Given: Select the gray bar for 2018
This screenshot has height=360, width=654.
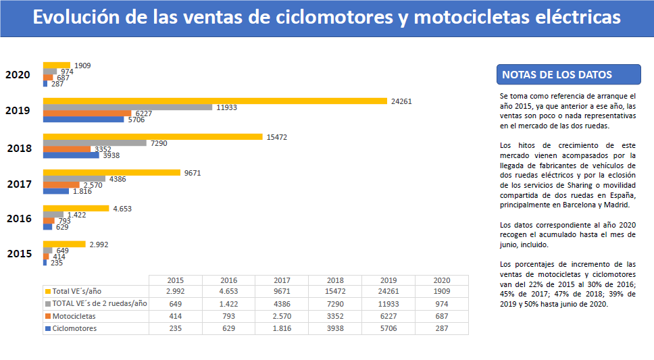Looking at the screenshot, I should (95, 143).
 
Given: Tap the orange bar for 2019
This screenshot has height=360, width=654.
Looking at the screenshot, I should (88, 113).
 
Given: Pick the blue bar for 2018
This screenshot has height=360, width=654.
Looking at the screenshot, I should (71, 155).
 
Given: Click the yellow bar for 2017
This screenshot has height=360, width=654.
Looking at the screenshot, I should (111, 173).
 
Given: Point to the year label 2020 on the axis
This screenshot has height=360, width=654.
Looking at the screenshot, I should (18, 75).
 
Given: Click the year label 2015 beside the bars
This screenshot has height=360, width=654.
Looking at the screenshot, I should (20, 254).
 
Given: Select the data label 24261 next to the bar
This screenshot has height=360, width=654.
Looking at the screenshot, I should (401, 101).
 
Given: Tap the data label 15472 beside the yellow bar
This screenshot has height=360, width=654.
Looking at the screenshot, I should (277, 137).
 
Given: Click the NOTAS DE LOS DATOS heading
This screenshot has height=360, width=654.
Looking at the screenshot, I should (557, 75).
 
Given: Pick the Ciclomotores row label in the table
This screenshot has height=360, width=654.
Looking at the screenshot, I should (74, 329).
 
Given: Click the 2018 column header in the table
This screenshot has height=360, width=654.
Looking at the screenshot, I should (335, 280).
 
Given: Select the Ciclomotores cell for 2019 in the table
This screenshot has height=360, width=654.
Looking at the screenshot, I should (388, 329).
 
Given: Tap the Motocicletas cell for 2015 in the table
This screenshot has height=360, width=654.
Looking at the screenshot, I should (175, 316).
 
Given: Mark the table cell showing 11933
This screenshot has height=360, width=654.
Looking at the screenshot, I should (388, 304).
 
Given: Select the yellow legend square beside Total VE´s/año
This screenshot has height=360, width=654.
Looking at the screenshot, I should (47, 292).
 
